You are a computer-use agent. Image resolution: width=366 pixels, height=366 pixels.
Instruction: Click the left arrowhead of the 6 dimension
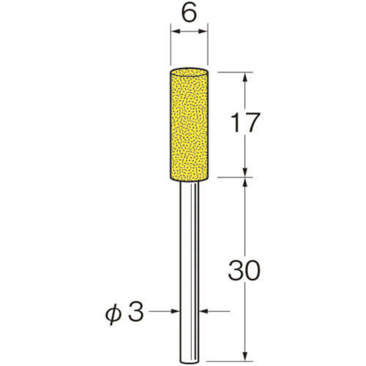[x=174, y=31]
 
